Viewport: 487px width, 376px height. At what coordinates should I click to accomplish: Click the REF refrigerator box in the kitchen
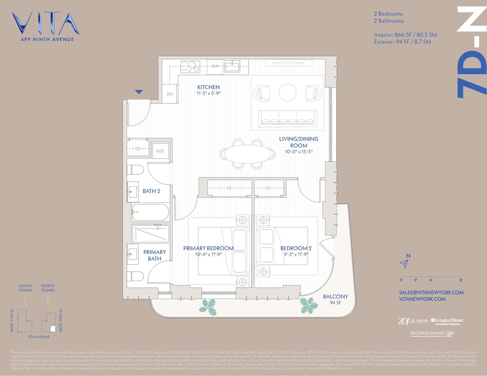170,94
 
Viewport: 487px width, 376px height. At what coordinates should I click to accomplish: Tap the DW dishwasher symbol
215,67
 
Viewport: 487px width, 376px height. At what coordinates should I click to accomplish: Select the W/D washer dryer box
160,151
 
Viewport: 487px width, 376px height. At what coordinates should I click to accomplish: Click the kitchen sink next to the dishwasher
233,66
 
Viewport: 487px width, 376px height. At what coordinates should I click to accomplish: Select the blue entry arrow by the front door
139,92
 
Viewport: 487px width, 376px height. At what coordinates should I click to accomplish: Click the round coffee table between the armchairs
288,92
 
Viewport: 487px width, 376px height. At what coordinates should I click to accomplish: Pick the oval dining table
248,153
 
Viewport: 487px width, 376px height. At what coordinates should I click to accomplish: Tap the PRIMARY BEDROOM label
208,248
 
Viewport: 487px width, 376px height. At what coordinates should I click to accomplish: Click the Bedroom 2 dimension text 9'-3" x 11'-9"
296,254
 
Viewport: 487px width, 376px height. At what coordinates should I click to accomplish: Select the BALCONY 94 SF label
335,299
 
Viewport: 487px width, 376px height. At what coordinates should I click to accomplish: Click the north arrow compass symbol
404,264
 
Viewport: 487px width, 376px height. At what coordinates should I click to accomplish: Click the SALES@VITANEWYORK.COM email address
431,292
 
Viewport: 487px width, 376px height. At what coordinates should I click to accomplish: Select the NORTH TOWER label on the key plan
48,288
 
